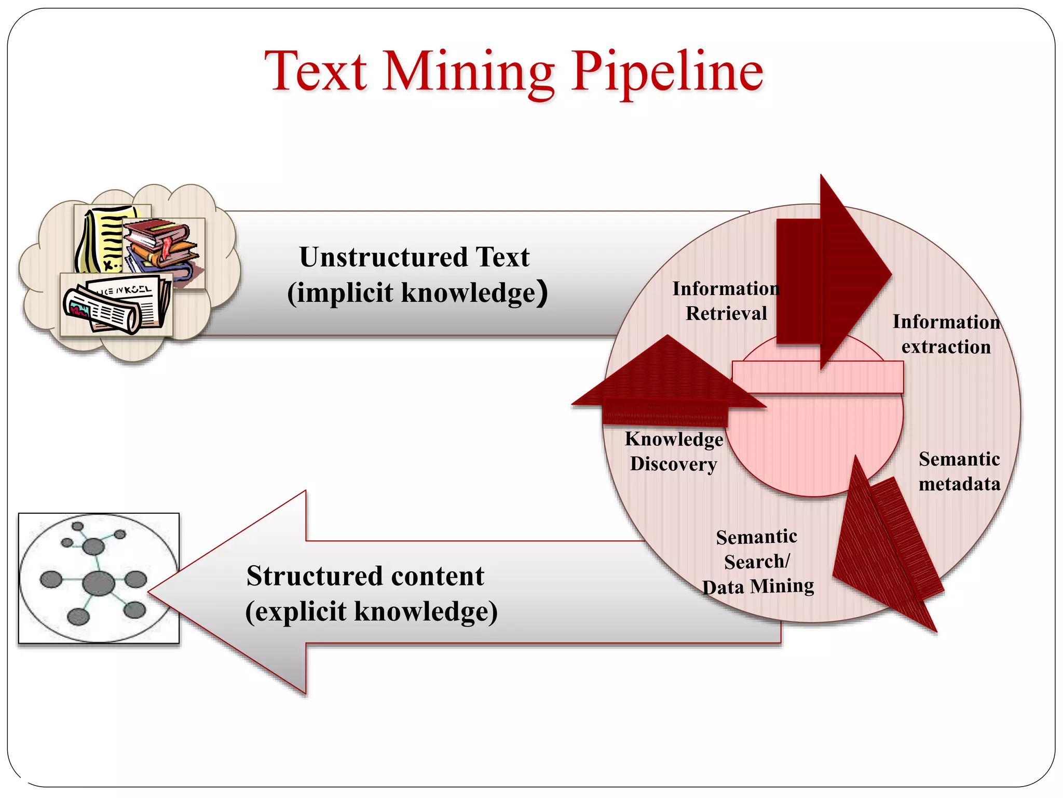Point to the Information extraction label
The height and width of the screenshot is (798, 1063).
[x=946, y=334]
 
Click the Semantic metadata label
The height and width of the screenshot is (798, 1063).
[x=959, y=471]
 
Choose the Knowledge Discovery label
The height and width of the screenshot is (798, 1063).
[x=674, y=451]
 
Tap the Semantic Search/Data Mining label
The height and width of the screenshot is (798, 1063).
[x=757, y=562]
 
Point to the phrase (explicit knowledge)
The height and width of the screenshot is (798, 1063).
[x=371, y=611]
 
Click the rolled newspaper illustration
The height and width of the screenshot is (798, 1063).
[x=117, y=307]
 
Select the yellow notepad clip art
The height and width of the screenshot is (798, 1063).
[x=104, y=239]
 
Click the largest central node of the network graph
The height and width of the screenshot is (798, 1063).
[x=99, y=583]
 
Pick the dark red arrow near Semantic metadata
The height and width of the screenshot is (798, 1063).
[x=888, y=551]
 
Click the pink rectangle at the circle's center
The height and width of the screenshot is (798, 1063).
[x=817, y=377]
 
